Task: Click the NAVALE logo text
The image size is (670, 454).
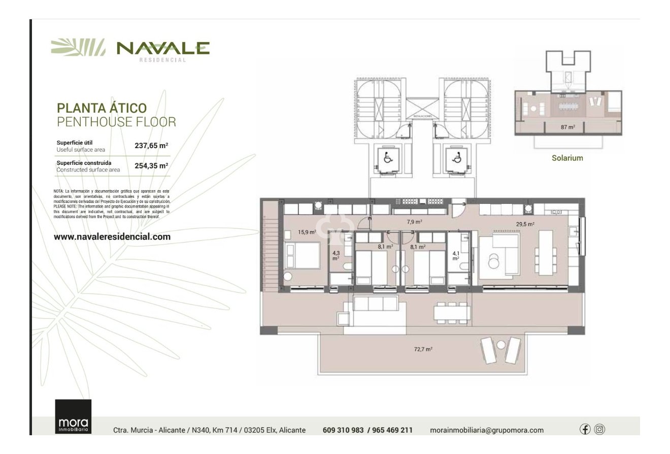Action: (162, 48)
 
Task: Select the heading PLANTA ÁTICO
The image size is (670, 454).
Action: (102, 108)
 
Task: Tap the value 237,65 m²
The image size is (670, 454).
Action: (151, 146)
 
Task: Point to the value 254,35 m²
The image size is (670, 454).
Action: (151, 166)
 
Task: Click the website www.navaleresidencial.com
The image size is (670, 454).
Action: (112, 237)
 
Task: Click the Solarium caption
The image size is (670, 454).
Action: (567, 158)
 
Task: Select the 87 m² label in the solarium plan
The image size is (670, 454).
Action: (567, 127)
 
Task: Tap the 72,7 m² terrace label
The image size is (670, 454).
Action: (423, 350)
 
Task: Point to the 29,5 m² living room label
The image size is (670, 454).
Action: (525, 224)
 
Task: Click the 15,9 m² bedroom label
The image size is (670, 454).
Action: (307, 232)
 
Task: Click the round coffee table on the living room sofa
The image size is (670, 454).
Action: (493, 262)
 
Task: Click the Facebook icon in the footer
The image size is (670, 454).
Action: (585, 429)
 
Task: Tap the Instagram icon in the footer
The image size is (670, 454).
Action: (599, 429)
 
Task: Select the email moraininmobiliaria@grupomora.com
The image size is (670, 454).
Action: (486, 430)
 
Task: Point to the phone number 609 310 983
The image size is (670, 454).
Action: (343, 430)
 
